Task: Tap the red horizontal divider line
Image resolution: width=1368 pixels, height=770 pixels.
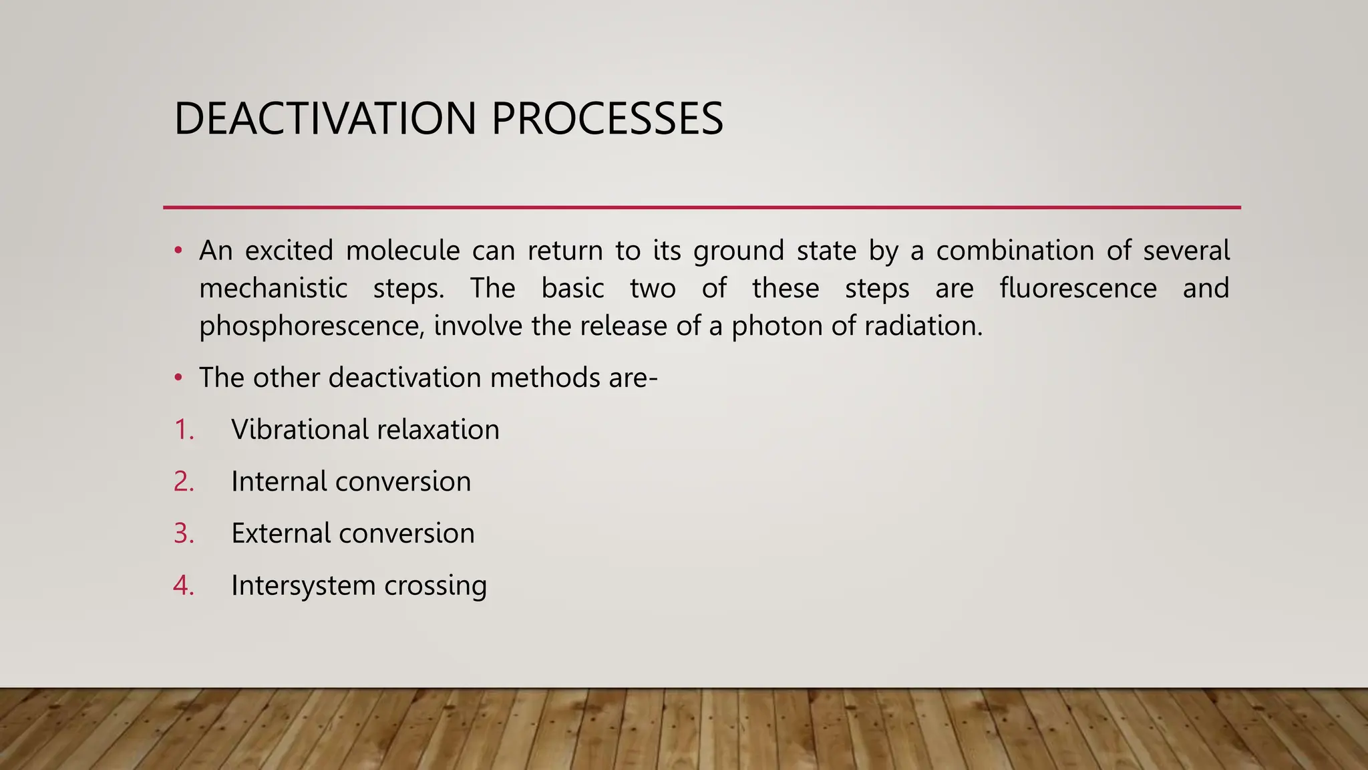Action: [701, 207]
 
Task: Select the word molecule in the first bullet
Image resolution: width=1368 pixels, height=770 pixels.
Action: [403, 251]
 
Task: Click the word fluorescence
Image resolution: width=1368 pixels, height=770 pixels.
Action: [1077, 288]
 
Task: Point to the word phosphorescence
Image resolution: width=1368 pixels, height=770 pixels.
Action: [311, 326]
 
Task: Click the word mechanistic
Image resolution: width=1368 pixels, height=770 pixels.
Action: [273, 288]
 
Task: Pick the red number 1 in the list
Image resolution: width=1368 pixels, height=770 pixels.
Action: [183, 429]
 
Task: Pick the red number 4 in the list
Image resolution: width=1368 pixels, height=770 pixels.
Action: [183, 585]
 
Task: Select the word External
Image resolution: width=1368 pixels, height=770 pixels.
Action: [281, 533]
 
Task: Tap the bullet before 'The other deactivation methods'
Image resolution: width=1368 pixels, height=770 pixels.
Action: [178, 378]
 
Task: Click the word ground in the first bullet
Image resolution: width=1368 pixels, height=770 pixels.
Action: [738, 251]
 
